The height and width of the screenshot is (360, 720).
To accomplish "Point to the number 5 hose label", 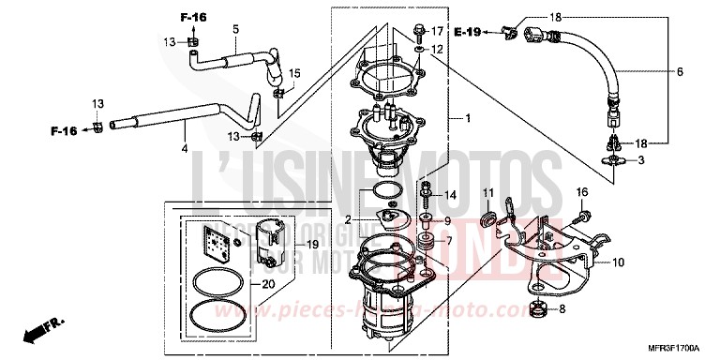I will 235,31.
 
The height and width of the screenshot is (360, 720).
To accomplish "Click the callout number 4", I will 184,147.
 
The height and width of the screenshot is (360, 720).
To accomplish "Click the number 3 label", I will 641,161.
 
